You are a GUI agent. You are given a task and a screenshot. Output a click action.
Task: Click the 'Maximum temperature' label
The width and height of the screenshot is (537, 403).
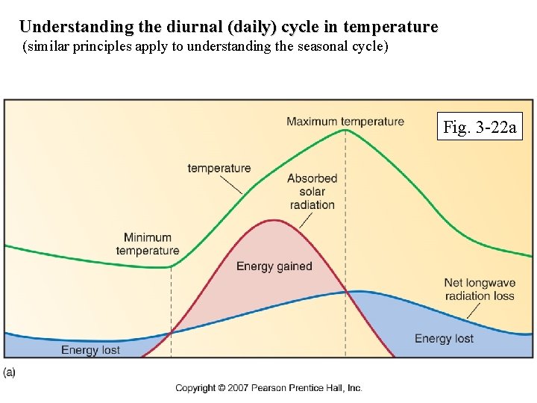[x=345, y=122]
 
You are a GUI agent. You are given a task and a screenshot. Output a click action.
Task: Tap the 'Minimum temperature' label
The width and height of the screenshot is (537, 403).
[x=148, y=244]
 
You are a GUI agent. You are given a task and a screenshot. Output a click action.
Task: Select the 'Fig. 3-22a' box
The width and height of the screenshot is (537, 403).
[x=480, y=127]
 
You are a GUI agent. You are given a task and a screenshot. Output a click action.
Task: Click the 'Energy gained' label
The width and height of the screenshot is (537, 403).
[x=274, y=266]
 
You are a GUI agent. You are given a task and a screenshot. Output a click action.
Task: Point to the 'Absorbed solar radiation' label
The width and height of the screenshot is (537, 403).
[x=312, y=191]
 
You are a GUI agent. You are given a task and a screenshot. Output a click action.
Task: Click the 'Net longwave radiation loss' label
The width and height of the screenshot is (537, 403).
[x=479, y=289]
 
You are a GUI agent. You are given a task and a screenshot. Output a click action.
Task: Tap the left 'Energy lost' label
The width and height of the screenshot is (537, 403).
[x=90, y=350]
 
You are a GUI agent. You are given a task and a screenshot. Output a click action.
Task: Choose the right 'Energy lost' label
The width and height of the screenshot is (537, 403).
[x=444, y=338]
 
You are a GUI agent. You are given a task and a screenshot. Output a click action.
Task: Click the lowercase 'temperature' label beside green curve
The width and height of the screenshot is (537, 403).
[x=219, y=168]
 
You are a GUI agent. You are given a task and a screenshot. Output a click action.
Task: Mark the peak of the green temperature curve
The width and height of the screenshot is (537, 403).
[x=345, y=130]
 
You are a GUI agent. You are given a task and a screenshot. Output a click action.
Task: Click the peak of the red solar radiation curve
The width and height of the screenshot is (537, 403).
[x=275, y=220]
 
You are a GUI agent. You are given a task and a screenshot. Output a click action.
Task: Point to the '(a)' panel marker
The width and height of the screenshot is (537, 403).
[x=10, y=371]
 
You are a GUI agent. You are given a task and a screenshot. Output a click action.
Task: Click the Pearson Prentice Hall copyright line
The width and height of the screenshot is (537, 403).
[x=268, y=387]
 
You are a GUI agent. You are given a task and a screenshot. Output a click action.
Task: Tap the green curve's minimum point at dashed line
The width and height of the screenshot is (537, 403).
[x=171, y=266]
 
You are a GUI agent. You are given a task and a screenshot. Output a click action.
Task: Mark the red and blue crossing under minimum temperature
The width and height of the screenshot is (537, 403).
[x=171, y=333]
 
